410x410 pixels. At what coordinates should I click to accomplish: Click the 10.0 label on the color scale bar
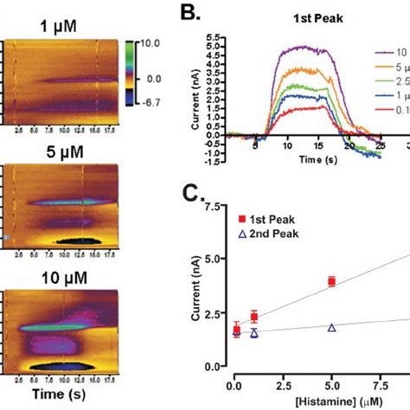click(152, 42)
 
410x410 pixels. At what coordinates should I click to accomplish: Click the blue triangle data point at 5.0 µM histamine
click(332, 327)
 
